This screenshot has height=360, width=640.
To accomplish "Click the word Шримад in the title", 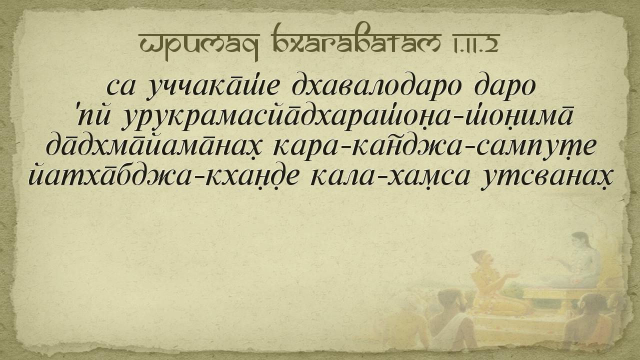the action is [x=199, y=43].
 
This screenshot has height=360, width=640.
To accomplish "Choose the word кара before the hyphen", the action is [x=308, y=148].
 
